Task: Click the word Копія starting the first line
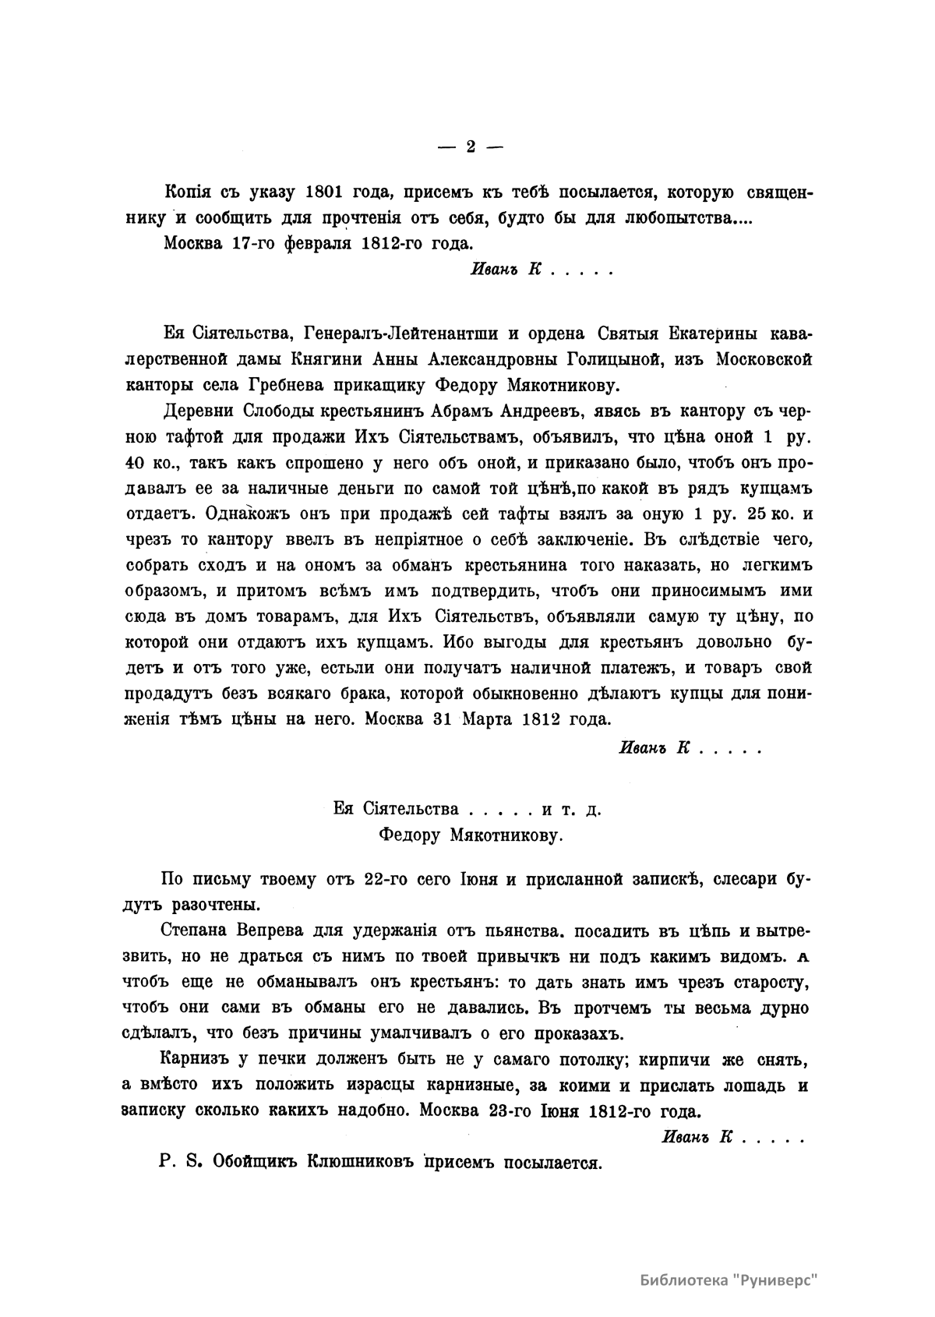(188, 192)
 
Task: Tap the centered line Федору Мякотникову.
(469, 835)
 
